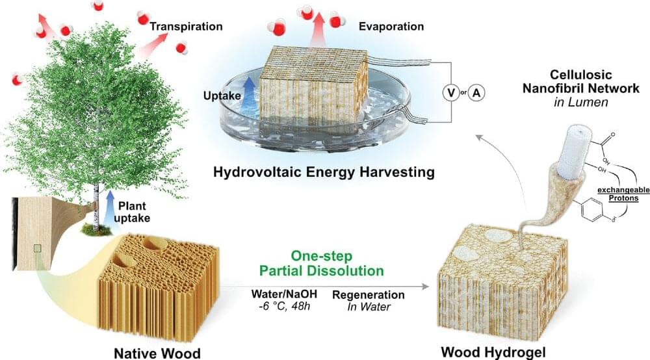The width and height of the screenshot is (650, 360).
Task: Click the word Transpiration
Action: tap(186, 27)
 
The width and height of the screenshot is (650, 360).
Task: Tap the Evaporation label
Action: tap(391, 27)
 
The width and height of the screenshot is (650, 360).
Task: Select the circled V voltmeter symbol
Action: tap(450, 93)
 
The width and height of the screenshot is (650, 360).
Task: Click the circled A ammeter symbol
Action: tap(476, 93)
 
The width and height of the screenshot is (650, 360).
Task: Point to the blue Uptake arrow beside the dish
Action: tap(249, 93)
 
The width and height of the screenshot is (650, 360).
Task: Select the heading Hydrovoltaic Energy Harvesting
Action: tap(324, 172)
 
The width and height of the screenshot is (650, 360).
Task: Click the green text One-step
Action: tap(321, 255)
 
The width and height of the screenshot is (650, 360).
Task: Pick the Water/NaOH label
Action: tap(284, 294)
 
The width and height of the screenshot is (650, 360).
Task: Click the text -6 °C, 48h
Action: tap(281, 307)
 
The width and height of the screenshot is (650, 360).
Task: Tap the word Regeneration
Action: tap(369, 295)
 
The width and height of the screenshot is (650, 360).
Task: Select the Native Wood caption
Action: tap(157, 354)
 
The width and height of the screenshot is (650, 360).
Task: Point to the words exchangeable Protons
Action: tap(623, 194)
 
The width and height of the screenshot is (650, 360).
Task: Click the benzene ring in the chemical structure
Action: tap(590, 210)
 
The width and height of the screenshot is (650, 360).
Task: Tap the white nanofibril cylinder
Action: tap(571, 151)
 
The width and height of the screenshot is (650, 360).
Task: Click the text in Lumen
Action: tap(580, 102)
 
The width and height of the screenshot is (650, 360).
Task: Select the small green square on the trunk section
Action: tap(37, 248)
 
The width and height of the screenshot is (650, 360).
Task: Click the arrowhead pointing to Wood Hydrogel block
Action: tap(425, 287)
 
